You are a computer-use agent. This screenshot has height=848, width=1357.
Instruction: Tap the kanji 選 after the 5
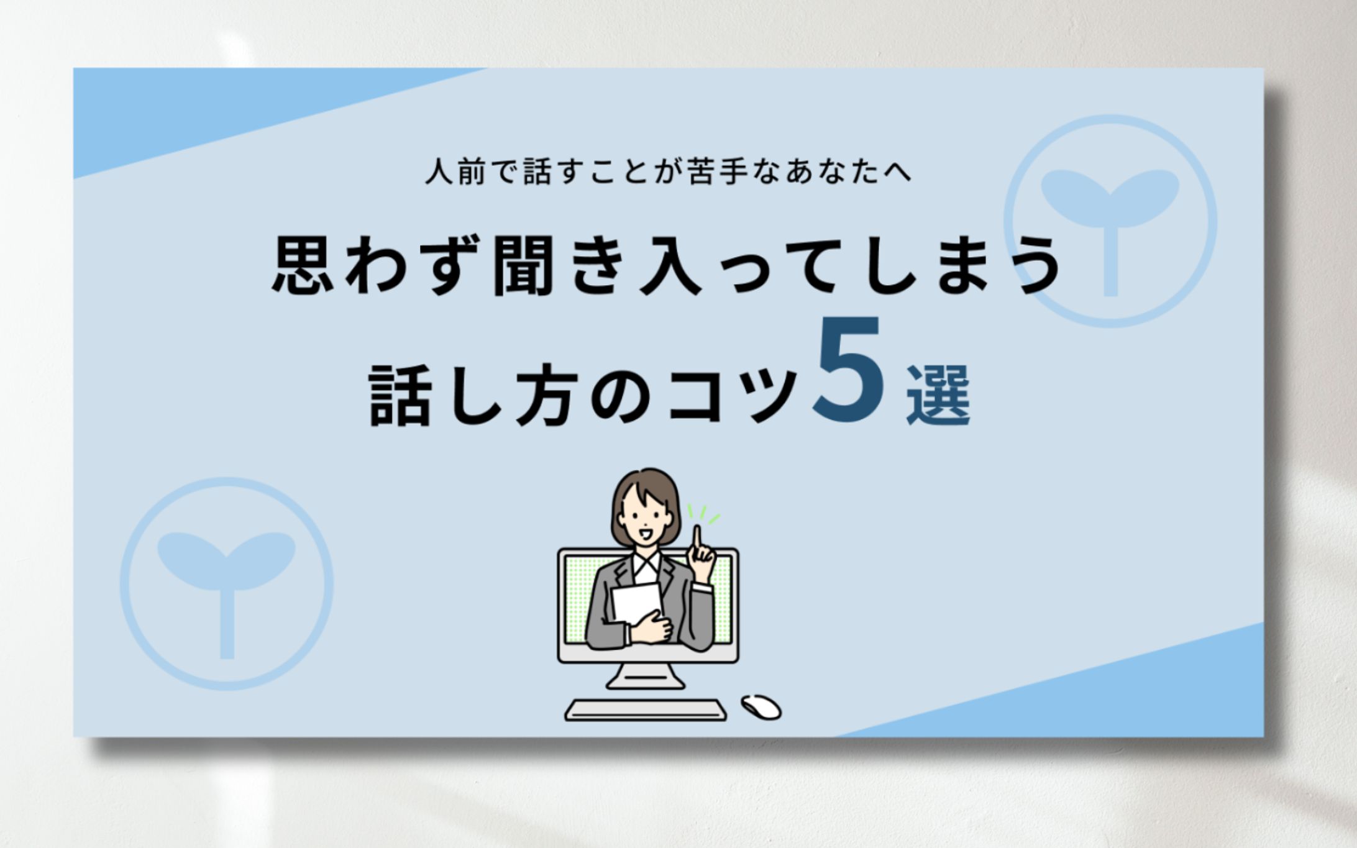click(938, 394)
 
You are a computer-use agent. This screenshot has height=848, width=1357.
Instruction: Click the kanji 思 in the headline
click(304, 265)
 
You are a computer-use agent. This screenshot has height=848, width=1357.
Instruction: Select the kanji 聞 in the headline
click(523, 265)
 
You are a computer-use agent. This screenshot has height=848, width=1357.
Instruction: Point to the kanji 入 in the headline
click(670, 265)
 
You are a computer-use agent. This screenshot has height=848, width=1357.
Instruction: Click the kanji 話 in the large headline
click(400, 395)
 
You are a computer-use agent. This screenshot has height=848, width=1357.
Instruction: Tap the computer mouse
click(761, 707)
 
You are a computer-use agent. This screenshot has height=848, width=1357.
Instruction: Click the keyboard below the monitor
click(646, 710)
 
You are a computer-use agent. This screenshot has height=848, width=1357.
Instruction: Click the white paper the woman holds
click(636, 603)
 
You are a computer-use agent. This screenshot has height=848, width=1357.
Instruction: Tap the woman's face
click(644, 517)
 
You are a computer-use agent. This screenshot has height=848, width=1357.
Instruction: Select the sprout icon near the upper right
click(1110, 221)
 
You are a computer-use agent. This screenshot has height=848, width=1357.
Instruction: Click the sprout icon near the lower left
click(227, 584)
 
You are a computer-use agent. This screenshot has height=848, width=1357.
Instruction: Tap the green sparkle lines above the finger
click(703, 514)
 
